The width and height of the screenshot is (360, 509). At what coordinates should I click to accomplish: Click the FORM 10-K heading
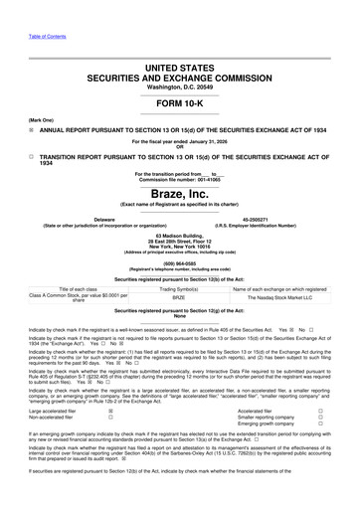click(x=179, y=102)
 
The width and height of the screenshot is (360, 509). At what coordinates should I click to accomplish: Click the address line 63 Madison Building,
click(x=179, y=235)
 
